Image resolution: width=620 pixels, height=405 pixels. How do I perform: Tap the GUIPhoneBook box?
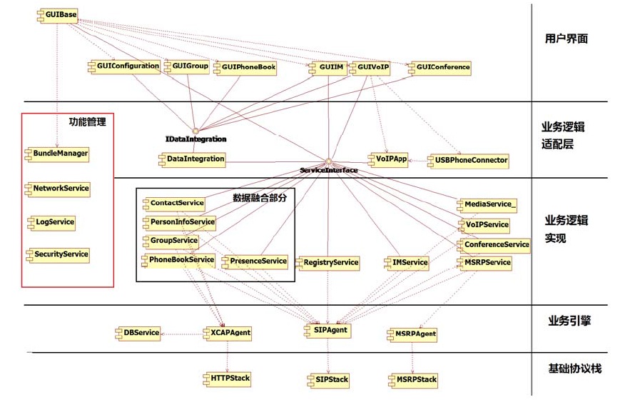(x=244, y=67)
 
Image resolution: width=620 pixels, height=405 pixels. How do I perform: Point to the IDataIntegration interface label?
(x=195, y=139)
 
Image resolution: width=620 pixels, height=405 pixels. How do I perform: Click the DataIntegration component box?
(x=191, y=159)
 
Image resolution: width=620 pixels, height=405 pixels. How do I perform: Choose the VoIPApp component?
(x=388, y=159)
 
